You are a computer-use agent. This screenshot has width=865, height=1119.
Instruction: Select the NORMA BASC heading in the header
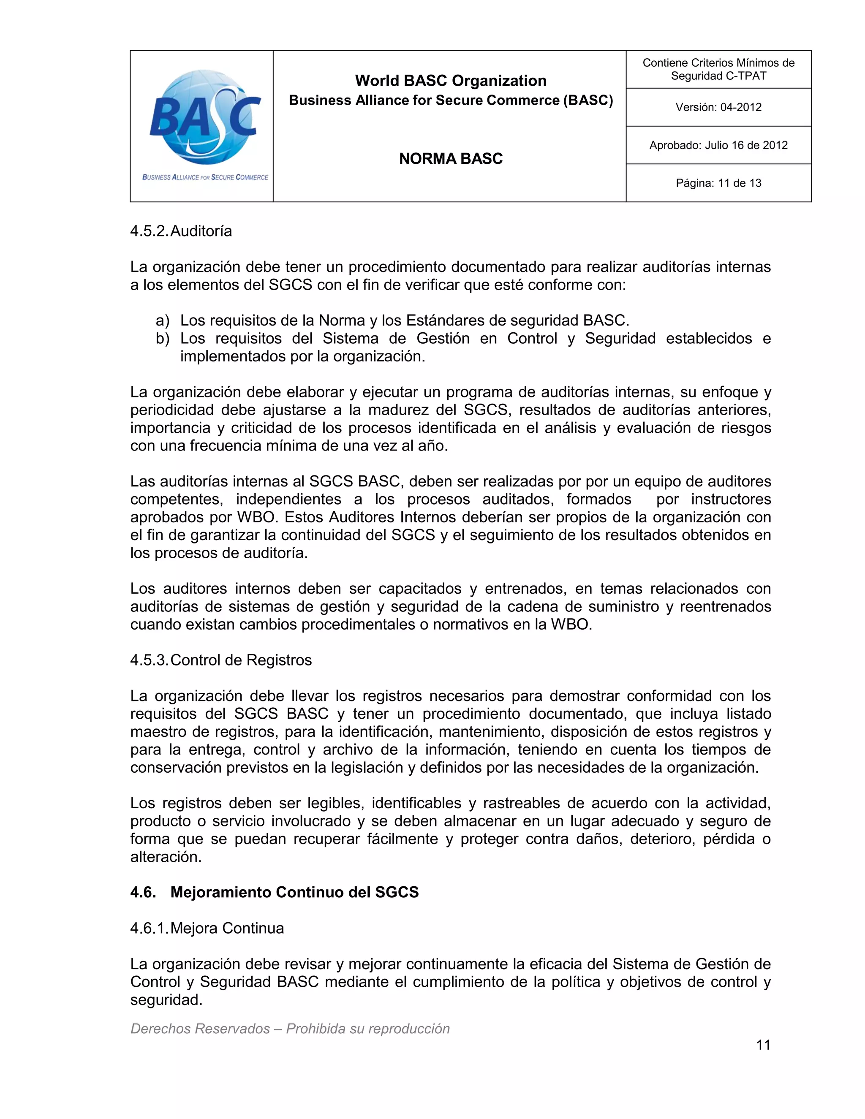pos(450,159)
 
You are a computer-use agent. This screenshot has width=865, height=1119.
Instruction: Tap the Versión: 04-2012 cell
pos(718,107)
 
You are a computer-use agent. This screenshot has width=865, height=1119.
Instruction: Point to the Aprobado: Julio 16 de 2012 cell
pos(718,145)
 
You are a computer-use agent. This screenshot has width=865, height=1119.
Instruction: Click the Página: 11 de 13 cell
pos(718,183)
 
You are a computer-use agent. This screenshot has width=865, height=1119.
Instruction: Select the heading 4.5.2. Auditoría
pos(181,231)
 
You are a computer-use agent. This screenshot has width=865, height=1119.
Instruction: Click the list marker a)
pos(163,321)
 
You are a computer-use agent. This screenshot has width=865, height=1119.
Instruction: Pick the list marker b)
pos(163,339)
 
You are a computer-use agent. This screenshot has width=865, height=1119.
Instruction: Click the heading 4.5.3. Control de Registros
pos(221,660)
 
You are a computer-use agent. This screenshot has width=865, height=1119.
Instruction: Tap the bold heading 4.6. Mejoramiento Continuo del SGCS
pos(274,892)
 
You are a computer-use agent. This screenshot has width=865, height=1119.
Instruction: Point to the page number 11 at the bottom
pos(763,1045)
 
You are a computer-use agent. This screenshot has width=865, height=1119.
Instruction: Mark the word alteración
pos(166,857)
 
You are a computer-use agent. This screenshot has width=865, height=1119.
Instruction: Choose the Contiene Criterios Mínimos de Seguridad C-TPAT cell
pos(718,69)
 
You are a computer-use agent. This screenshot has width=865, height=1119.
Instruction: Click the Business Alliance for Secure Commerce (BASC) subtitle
pos(450,100)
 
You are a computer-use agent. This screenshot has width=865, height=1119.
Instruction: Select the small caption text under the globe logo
pos(205,177)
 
